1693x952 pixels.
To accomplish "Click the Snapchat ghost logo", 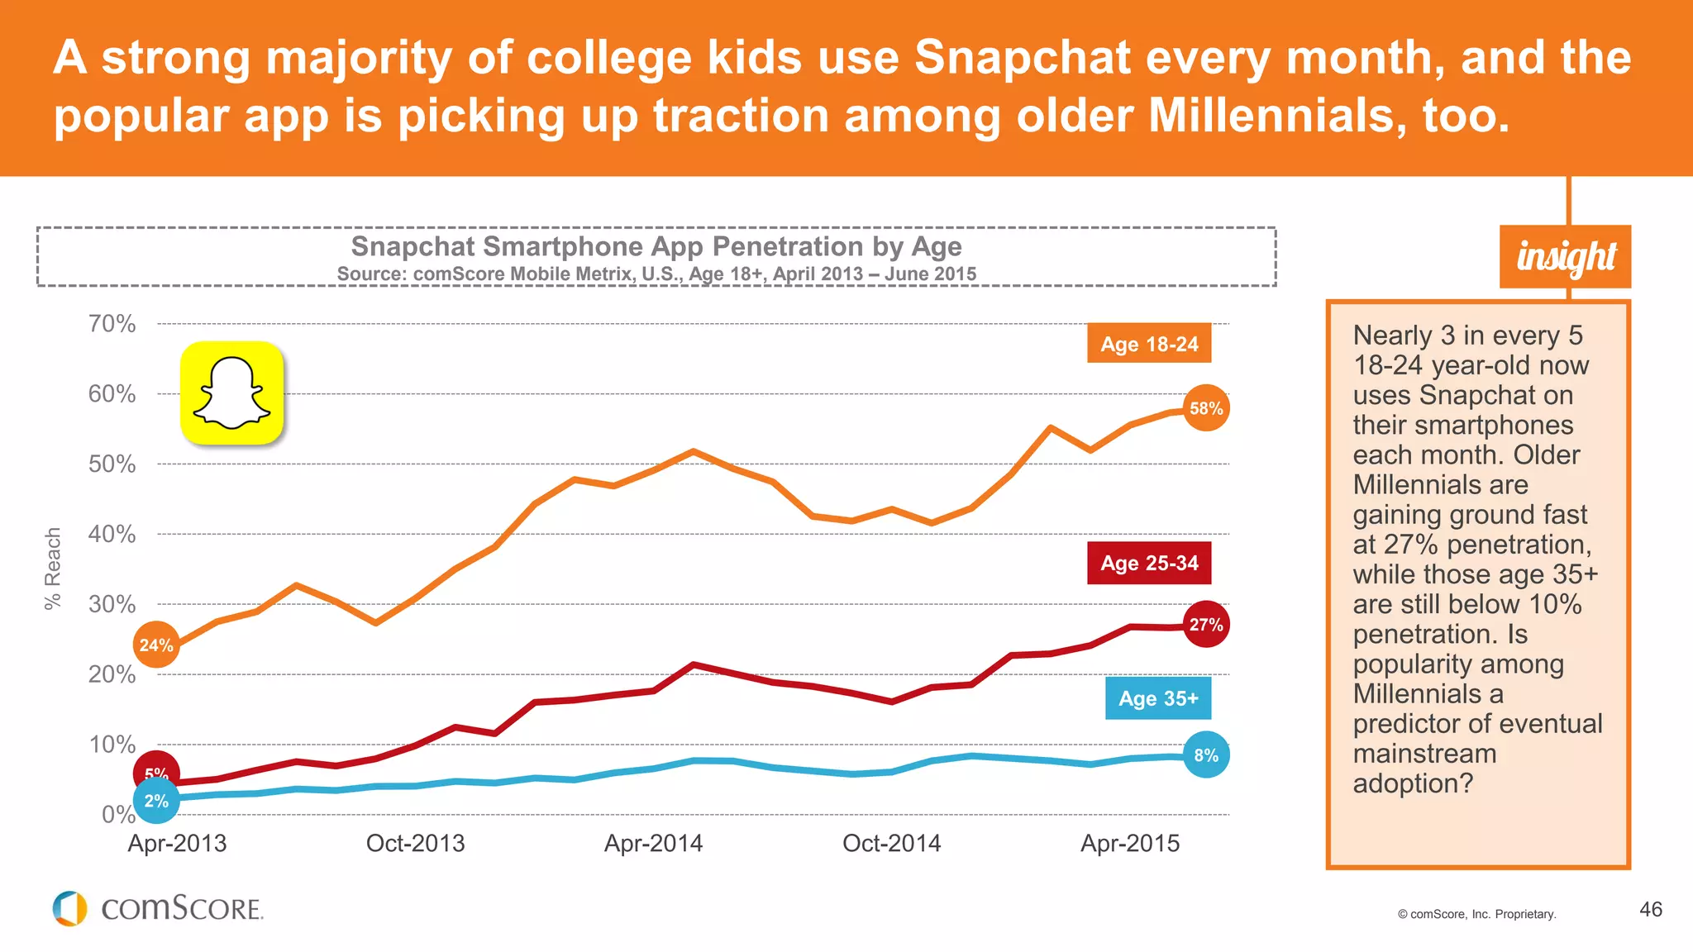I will pyautogui.click(x=232, y=393).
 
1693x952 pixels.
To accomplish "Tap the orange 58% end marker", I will pyautogui.click(x=1206, y=408).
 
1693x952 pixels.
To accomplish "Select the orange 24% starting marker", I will pyautogui.click(x=156, y=645).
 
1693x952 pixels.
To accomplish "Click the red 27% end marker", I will pyautogui.click(x=1206, y=625).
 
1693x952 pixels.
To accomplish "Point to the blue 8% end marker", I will pyautogui.click(x=1206, y=755).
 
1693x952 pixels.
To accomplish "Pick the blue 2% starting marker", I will pyautogui.click(x=156, y=801).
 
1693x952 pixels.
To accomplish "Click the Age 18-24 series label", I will pyautogui.click(x=1149, y=344).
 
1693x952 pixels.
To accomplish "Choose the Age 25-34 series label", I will pyautogui.click(x=1149, y=563).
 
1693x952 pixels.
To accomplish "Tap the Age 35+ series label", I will pyautogui.click(x=1158, y=698).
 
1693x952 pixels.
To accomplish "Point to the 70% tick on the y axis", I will pyautogui.click(x=112, y=324).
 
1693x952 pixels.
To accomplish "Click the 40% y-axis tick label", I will pyautogui.click(x=112, y=535).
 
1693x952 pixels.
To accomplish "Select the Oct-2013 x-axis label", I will pyautogui.click(x=415, y=844).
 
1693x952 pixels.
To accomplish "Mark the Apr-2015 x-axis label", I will pyautogui.click(x=1130, y=844).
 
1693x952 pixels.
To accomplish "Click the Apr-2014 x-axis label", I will pyautogui.click(x=653, y=844).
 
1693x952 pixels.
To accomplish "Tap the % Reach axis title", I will pyautogui.click(x=53, y=569).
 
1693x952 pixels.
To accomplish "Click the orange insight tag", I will pyautogui.click(x=1566, y=257).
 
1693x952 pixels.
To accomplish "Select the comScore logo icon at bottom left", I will pyautogui.click(x=70, y=908).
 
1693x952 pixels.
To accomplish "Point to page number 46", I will pyautogui.click(x=1651, y=910).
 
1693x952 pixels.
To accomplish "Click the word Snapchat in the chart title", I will pyautogui.click(x=413, y=246).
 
